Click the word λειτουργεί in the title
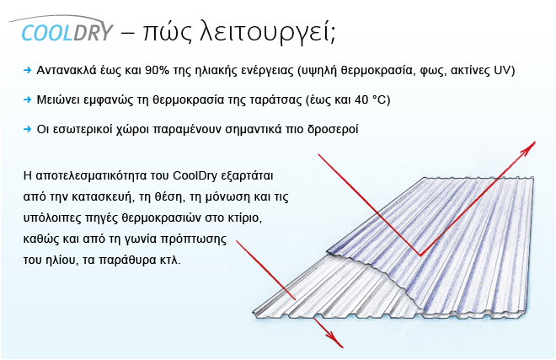pyautogui.click(x=266, y=33)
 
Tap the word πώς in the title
pyautogui.click(x=168, y=32)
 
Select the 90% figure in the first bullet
pyautogui.click(x=157, y=70)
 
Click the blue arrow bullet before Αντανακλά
pyautogui.click(x=27, y=70)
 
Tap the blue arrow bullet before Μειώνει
pyautogui.click(x=27, y=99)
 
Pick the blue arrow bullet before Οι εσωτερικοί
pyautogui.click(x=27, y=129)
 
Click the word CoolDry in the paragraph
pyautogui.click(x=195, y=176)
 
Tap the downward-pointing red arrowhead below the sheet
pyautogui.click(x=335, y=340)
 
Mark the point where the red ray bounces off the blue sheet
pyautogui.click(x=420, y=255)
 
